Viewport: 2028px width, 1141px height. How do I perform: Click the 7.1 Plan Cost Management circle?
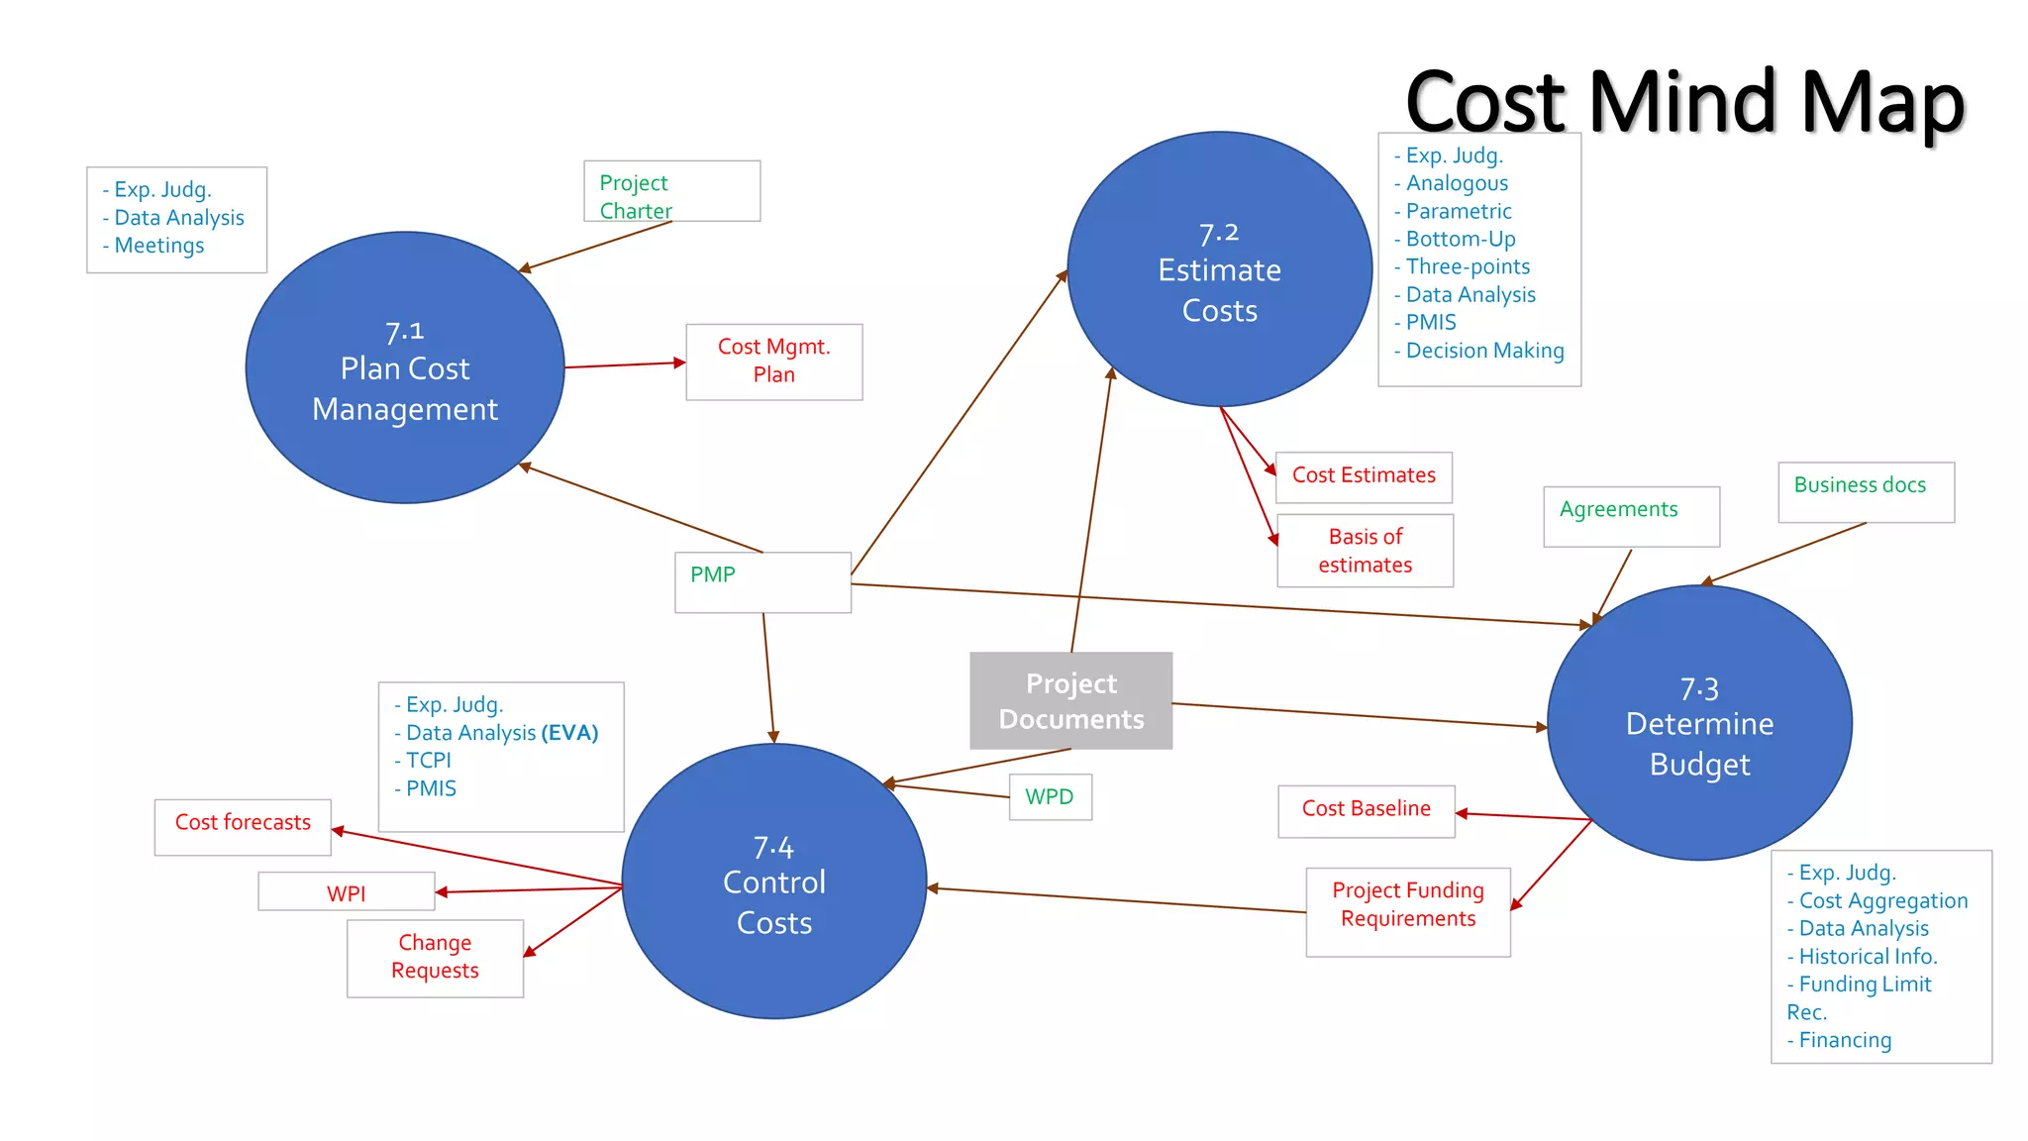tap(405, 368)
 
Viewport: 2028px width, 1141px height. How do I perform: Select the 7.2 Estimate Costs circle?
tap(1219, 269)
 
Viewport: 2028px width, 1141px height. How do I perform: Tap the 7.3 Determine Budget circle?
tap(1699, 724)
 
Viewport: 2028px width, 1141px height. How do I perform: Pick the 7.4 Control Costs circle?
tap(774, 882)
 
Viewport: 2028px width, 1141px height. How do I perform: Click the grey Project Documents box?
tap(1071, 701)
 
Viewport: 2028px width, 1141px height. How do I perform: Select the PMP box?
tap(762, 582)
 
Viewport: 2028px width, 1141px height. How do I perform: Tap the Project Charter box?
tap(671, 192)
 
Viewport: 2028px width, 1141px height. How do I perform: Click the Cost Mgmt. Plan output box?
tap(774, 362)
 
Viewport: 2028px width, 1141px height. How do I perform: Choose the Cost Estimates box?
tap(1364, 476)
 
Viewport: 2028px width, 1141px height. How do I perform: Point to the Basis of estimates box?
tap(1365, 551)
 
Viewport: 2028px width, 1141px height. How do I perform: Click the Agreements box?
tap(1631, 516)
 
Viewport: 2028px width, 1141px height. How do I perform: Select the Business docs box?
tap(1866, 492)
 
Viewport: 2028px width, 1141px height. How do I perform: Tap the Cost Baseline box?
tap(1367, 810)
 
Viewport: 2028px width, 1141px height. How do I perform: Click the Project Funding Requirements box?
tap(1408, 911)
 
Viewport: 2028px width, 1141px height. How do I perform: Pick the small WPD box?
tap(1050, 797)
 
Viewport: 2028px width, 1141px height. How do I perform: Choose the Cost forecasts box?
tap(243, 826)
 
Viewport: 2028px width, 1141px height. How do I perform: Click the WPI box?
tap(347, 891)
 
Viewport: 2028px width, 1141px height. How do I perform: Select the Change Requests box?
tap(435, 958)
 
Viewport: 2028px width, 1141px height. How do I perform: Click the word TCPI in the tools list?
tap(429, 761)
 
